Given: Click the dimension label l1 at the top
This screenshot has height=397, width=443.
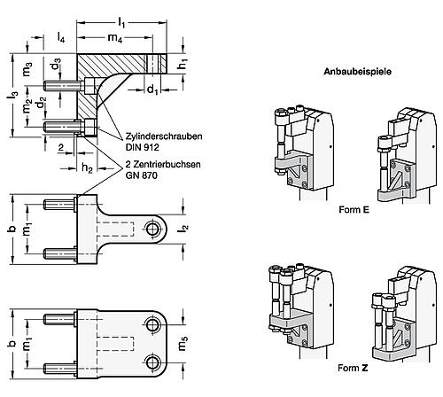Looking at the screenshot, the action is (x=121, y=22).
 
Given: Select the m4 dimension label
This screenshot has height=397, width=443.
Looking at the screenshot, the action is (x=115, y=38).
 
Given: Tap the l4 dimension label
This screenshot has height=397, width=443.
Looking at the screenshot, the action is (x=61, y=37).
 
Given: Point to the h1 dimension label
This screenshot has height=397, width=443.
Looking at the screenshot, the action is (x=183, y=64).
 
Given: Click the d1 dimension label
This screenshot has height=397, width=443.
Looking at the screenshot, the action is (x=152, y=89).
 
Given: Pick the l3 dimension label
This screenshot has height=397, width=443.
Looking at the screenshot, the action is (x=13, y=95).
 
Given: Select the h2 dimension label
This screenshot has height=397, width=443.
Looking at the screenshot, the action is (x=87, y=168).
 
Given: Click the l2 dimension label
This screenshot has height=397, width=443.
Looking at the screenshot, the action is (x=183, y=228).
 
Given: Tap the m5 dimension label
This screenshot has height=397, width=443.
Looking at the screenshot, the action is (x=183, y=344).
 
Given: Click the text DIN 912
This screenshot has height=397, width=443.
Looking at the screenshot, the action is (x=142, y=147).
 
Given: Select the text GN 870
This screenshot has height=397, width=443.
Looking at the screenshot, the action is (x=142, y=175).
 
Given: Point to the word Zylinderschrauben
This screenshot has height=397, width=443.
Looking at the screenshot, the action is (x=164, y=136).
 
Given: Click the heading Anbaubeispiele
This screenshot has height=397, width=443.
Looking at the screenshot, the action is (x=357, y=72).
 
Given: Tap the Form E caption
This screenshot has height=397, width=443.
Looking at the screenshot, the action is (x=354, y=210).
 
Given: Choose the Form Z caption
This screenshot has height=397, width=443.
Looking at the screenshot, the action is (x=353, y=368).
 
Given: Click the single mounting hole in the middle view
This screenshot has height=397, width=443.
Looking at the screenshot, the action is (x=152, y=229).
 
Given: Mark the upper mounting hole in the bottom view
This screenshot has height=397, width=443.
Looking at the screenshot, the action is (x=152, y=325).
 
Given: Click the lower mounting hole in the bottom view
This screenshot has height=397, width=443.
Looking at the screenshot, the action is (x=152, y=362).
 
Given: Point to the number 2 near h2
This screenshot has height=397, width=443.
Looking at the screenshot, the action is (x=61, y=147).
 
